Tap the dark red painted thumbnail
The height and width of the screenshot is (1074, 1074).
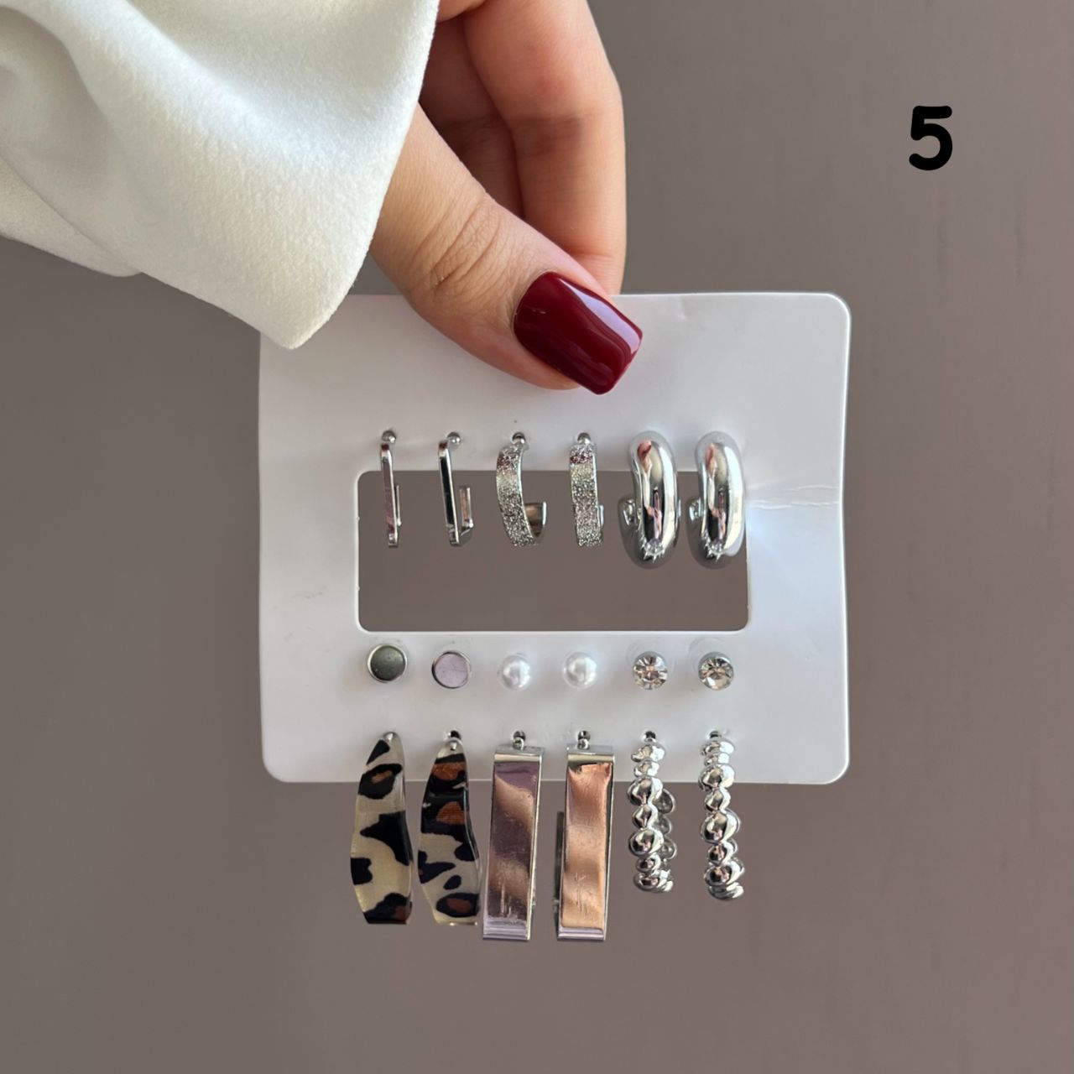[577, 335]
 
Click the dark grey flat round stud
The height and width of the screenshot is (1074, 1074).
[387, 664]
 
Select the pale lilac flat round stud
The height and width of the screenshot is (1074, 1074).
[451, 667]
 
